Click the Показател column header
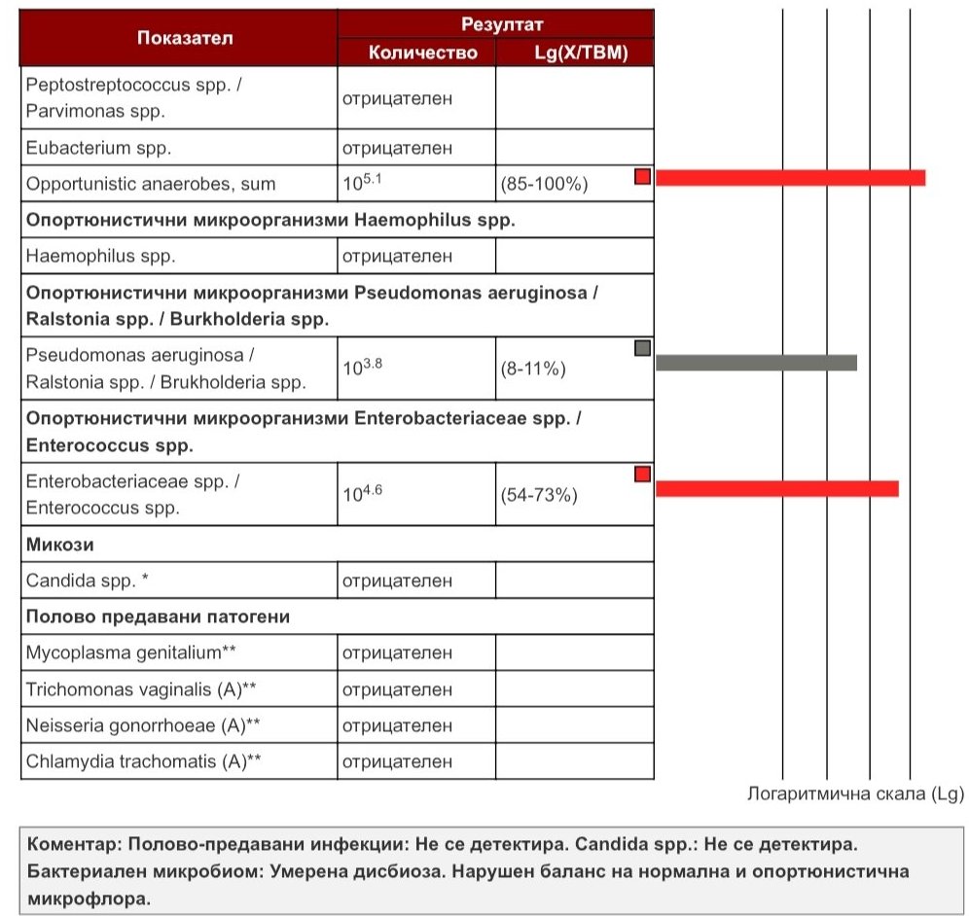[x=178, y=38]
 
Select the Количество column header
[x=423, y=53]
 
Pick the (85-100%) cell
[x=544, y=184]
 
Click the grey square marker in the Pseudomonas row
[x=642, y=348]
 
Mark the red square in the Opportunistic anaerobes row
[x=642, y=176]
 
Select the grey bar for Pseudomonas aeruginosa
[x=756, y=363]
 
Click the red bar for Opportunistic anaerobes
[x=790, y=177]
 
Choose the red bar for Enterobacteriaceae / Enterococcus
[x=776, y=488]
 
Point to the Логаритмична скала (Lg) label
[x=855, y=793]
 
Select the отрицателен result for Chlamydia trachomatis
[x=397, y=761]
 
